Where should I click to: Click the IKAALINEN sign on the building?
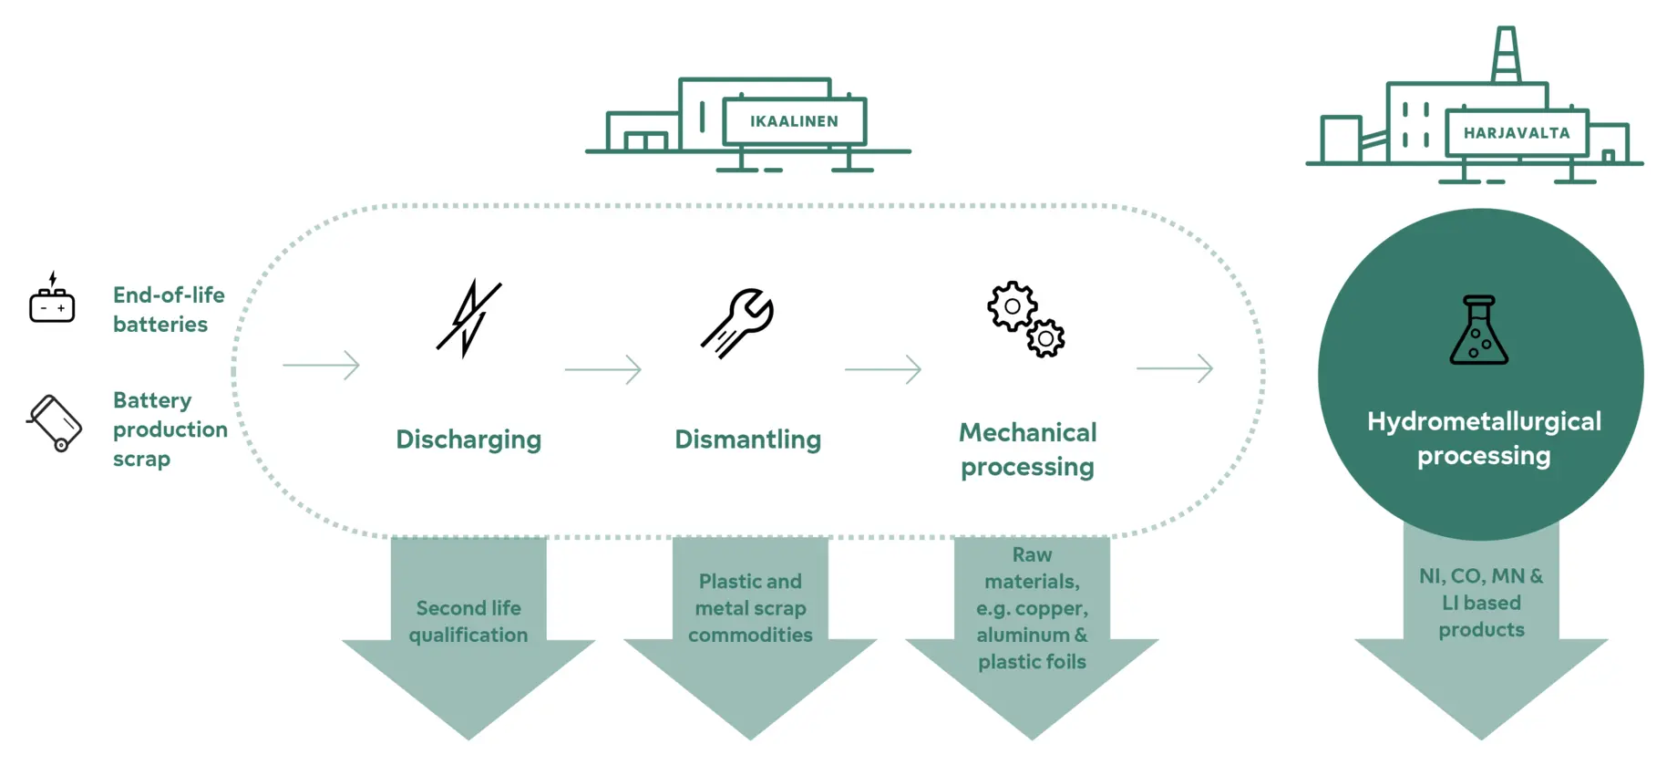click(x=794, y=121)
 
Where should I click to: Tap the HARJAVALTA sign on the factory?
click(x=1517, y=133)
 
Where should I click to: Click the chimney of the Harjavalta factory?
click(x=1506, y=55)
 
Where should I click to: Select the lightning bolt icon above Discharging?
click(x=468, y=317)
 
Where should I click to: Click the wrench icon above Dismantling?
click(x=738, y=323)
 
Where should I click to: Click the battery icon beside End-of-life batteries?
click(x=52, y=301)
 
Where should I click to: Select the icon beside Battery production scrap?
click(x=56, y=422)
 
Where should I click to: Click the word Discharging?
click(x=468, y=439)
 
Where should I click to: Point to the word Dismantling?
click(x=747, y=439)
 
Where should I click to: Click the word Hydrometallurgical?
click(x=1484, y=421)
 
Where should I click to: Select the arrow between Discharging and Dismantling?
click(x=602, y=369)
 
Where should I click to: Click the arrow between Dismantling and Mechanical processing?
click(x=883, y=369)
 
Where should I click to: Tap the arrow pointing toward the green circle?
click(x=1175, y=368)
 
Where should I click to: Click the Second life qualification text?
click(x=468, y=621)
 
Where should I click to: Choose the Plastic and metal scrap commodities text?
click(x=750, y=608)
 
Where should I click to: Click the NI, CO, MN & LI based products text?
click(x=1481, y=603)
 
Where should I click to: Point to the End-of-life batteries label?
click(x=169, y=310)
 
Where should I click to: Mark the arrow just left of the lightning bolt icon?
click(x=321, y=365)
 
